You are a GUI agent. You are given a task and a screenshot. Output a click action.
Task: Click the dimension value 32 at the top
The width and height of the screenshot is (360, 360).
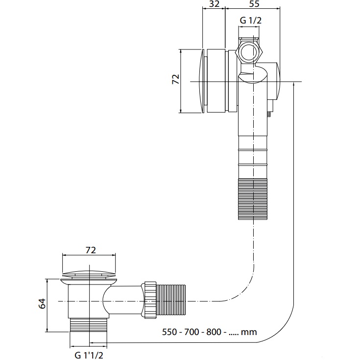(x=214, y=4)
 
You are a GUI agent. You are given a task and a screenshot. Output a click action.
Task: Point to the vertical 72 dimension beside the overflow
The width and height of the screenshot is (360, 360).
(x=176, y=79)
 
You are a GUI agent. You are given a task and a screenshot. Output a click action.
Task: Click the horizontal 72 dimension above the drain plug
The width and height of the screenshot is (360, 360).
(x=90, y=250)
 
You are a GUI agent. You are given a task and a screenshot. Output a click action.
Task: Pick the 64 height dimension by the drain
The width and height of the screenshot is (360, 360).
(x=43, y=305)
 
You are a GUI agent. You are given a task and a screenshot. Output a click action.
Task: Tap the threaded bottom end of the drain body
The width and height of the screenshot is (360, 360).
(x=89, y=325)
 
